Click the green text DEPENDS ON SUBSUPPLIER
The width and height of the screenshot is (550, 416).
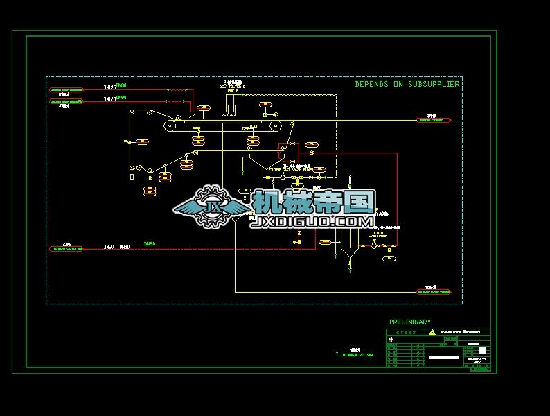click(407, 84)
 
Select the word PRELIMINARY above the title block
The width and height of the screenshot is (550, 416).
click(410, 322)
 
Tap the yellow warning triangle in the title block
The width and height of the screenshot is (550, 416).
click(433, 332)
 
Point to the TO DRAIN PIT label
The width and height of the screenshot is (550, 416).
click(357, 355)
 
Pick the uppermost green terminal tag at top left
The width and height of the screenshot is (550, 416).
click(66, 89)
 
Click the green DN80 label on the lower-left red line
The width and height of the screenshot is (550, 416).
click(150, 243)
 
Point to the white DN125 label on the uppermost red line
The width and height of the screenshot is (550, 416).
click(109, 88)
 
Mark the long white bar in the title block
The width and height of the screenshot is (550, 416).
click(444, 358)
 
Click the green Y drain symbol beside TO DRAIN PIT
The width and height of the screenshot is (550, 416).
click(337, 354)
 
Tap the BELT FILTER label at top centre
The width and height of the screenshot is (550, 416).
click(232, 87)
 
